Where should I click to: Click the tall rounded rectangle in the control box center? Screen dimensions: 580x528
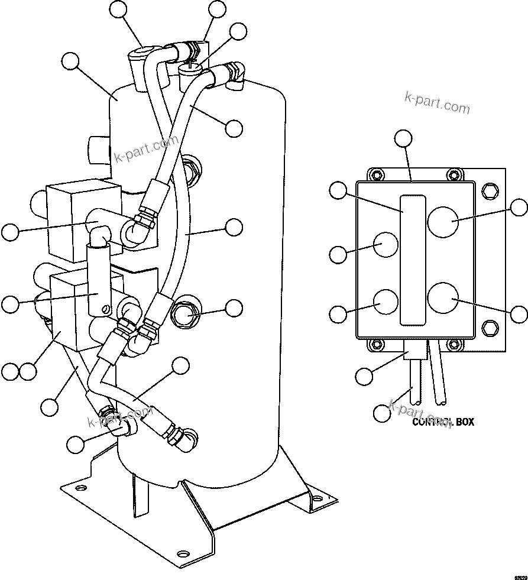click(x=412, y=260)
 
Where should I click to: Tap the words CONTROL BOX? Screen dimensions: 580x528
click(x=442, y=422)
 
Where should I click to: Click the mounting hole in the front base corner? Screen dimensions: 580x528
click(x=183, y=555)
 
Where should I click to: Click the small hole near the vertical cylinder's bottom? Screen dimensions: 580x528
click(x=106, y=309)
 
